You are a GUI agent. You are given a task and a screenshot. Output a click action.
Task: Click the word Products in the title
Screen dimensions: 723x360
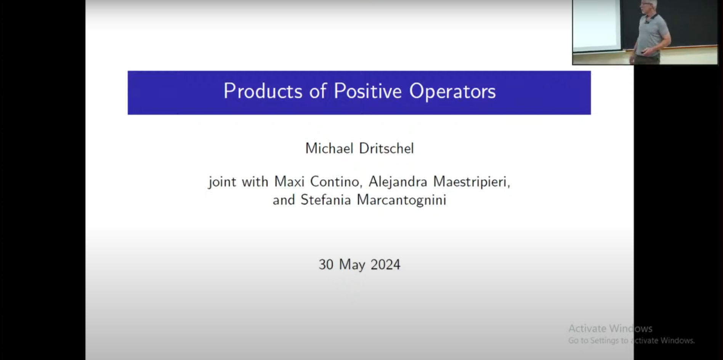(263, 91)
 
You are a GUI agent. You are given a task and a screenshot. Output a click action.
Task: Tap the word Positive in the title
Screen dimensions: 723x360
(367, 91)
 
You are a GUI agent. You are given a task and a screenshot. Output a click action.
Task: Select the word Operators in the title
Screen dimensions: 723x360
(452, 92)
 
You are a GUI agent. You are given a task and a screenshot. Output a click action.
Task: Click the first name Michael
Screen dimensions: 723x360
(329, 148)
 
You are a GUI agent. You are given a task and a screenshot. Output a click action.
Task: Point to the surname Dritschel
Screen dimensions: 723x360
(386, 148)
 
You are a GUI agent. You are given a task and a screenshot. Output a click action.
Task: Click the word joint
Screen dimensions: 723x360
(222, 182)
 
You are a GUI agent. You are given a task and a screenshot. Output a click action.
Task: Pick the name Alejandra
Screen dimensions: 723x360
(398, 182)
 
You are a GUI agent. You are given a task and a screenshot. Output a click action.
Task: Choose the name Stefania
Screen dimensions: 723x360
(325, 200)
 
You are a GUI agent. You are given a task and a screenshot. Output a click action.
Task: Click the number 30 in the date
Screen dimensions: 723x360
(326, 265)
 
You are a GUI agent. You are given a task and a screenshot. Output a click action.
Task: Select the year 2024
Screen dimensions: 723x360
(385, 265)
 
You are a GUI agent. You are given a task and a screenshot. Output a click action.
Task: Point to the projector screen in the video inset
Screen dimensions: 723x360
(597, 24)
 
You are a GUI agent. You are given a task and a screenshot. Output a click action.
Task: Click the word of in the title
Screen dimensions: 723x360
(318, 91)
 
